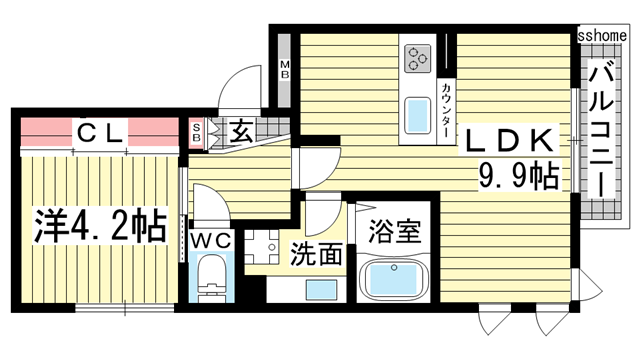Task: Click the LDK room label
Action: (x=507, y=140)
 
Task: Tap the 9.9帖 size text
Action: (x=517, y=177)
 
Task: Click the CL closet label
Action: (x=98, y=131)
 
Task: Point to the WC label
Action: (x=210, y=240)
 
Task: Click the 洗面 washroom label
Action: (x=317, y=254)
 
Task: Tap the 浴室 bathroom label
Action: (x=392, y=231)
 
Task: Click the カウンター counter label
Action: (x=444, y=108)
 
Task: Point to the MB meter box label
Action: (x=284, y=69)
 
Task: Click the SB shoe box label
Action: (x=196, y=131)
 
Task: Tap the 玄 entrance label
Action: (x=240, y=130)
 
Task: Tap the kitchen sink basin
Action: (x=414, y=117)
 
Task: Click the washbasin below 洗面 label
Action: (x=322, y=291)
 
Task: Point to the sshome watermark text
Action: (x=607, y=35)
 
